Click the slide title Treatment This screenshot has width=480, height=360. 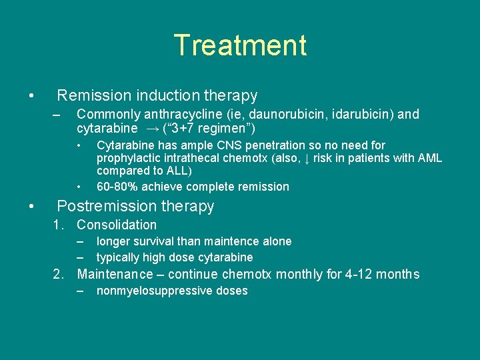(240, 45)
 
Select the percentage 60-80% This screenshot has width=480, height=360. (117, 187)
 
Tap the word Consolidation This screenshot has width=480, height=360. (117, 225)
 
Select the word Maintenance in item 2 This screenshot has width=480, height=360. (115, 274)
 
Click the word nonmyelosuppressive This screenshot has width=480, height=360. (157, 291)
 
